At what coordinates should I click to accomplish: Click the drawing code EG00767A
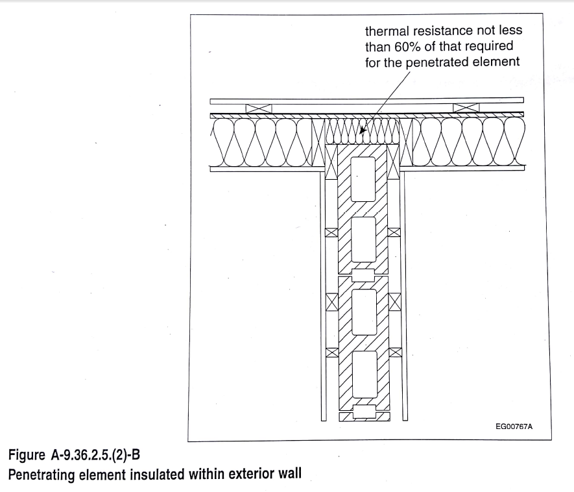pos(514,426)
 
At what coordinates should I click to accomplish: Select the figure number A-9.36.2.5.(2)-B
pos(95,455)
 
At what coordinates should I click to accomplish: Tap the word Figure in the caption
pos(27,456)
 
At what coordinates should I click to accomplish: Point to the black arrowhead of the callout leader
pos(363,130)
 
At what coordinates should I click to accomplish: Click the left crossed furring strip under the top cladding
pos(258,109)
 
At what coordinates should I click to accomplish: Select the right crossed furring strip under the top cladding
pos(466,108)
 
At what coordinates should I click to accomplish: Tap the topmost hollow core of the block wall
pos(363,179)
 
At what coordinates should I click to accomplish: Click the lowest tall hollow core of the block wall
pos(365,375)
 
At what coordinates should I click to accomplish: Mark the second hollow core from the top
pos(363,240)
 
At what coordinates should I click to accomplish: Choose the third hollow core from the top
pos(365,312)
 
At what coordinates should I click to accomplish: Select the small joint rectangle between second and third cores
pos(363,275)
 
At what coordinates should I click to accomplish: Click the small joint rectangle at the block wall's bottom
pos(364,412)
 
